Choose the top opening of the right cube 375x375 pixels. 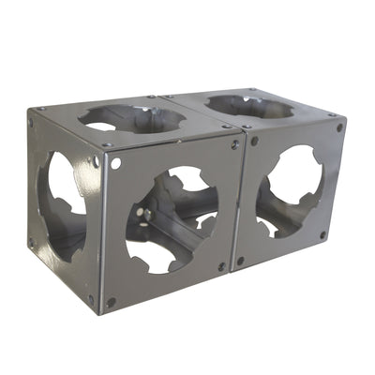(248, 105)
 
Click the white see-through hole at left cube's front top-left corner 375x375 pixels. (116, 163)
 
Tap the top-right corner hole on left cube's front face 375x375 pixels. (234, 145)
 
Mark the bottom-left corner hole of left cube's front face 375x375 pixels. (112, 303)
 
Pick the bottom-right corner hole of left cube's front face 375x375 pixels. (222, 267)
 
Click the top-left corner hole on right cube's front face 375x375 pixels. (254, 142)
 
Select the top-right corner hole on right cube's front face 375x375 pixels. (339, 127)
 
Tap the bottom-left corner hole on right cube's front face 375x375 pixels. (240, 262)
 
